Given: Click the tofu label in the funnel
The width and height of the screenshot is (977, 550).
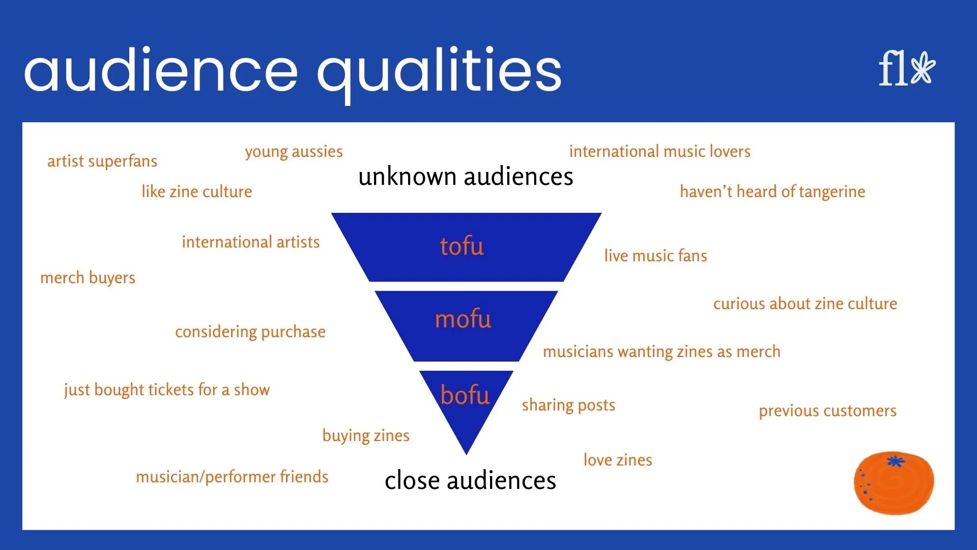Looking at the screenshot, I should coord(462,246).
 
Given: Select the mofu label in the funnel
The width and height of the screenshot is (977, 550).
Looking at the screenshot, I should coord(463,319).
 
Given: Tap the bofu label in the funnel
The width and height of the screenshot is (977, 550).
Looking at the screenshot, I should coord(465,395).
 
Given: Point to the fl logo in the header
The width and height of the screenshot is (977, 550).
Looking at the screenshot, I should coord(907,69).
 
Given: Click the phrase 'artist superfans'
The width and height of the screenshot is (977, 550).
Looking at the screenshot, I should coord(102,161).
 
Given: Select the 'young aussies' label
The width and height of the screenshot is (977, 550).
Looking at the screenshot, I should coord(294,152).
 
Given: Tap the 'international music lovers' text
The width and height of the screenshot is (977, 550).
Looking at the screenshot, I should coord(659,151).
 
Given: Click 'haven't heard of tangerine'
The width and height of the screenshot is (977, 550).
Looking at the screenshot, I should coord(772,191).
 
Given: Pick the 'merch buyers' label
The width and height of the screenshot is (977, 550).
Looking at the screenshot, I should coord(88,278).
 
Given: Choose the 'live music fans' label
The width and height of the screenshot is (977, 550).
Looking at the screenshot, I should coord(655,256).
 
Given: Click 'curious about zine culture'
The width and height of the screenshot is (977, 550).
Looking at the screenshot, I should coord(805,304).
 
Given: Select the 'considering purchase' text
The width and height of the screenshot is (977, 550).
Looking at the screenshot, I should coord(250,332).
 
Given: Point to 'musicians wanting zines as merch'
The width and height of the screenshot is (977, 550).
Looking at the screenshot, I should coord(662,352).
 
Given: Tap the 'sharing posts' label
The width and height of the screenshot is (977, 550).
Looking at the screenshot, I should coord(568,405).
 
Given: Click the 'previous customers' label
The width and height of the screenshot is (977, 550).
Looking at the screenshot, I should coord(827,411).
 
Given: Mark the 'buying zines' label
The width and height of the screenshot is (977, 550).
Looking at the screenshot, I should coord(366,436).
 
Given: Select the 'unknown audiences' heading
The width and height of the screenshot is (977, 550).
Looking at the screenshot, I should coord(466,177).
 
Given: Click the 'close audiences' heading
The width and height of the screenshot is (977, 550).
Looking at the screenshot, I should coord(470,481).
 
